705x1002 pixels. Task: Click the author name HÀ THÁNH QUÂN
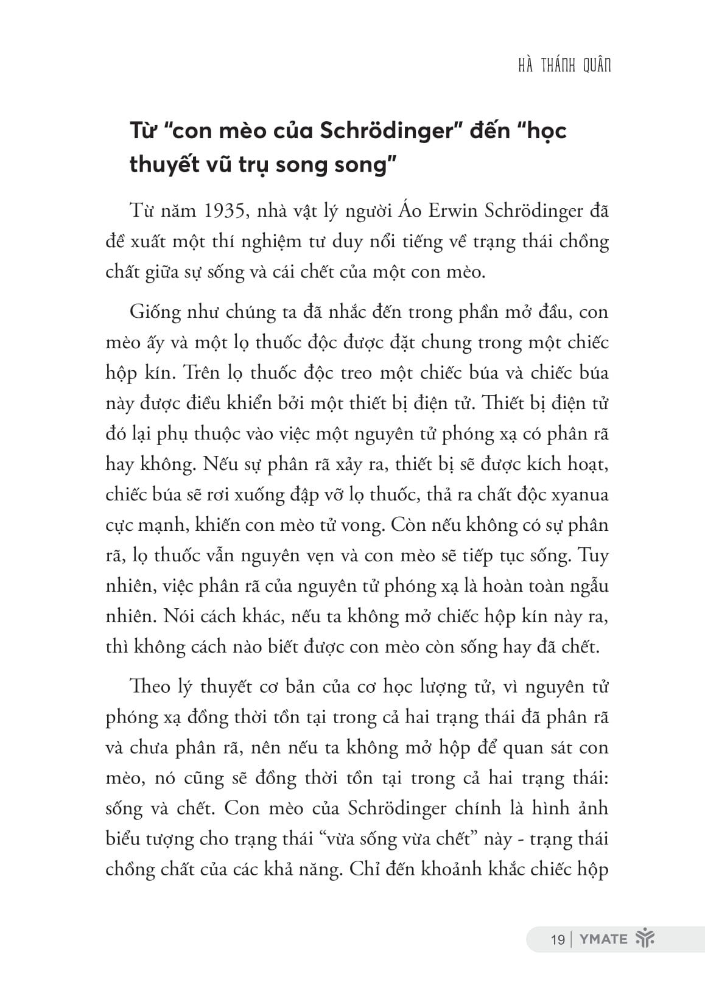tap(564, 66)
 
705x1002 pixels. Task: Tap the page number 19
tap(557, 939)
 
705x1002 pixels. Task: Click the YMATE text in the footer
tap(602, 939)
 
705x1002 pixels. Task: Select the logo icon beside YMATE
tap(644, 939)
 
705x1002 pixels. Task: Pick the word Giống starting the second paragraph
tap(155, 313)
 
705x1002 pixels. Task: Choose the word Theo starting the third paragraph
tap(150, 687)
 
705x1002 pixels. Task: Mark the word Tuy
tap(592, 555)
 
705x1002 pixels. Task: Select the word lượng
tap(443, 687)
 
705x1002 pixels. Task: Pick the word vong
tap(363, 525)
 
